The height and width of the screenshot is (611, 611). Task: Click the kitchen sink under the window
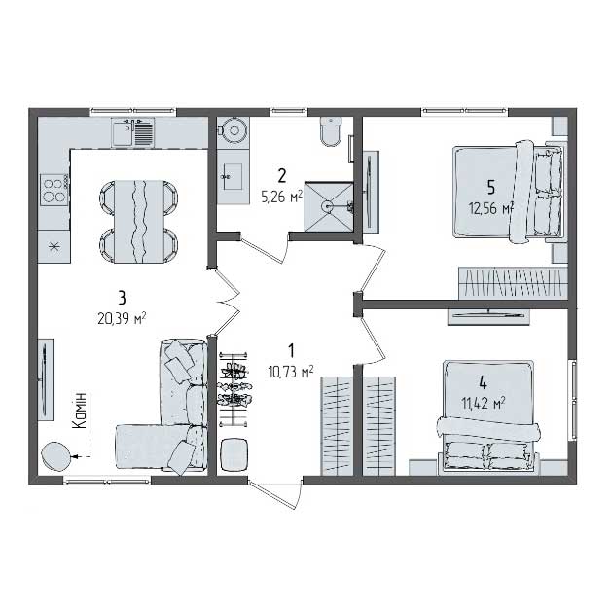pyautogui.click(x=133, y=132)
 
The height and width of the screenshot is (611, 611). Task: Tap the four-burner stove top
pyautogui.click(x=54, y=190)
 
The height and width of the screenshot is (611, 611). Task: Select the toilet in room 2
pyautogui.click(x=331, y=131)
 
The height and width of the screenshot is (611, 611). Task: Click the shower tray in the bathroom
pyautogui.click(x=329, y=206)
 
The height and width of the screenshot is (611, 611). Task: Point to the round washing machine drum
pyautogui.click(x=234, y=131)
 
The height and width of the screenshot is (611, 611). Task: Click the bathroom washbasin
pyautogui.click(x=234, y=176)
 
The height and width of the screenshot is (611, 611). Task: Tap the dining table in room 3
pyautogui.click(x=139, y=221)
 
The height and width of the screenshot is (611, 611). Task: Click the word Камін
pyautogui.click(x=81, y=411)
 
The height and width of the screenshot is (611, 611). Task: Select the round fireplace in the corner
pyautogui.click(x=56, y=456)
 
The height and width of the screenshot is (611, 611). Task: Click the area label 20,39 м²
pyautogui.click(x=122, y=319)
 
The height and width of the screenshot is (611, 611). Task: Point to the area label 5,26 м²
pyautogui.click(x=282, y=198)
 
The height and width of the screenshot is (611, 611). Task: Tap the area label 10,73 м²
pyautogui.click(x=291, y=372)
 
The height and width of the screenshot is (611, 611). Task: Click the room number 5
pyautogui.click(x=491, y=188)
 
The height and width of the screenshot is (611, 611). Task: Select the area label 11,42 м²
pyautogui.click(x=484, y=403)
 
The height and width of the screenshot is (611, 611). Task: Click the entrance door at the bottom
pyautogui.click(x=276, y=494)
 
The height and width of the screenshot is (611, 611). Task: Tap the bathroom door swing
pyautogui.click(x=265, y=249)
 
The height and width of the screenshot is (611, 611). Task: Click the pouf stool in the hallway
pyautogui.click(x=234, y=454)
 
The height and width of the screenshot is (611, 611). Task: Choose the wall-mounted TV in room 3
pyautogui.click(x=45, y=379)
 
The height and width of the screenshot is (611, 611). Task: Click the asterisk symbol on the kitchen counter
pyautogui.click(x=54, y=246)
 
